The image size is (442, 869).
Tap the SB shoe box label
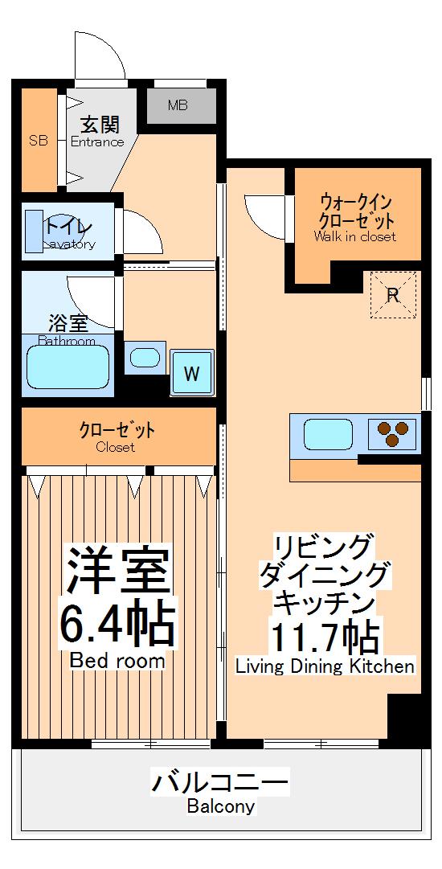coord(38,141)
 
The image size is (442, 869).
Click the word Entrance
coord(97,142)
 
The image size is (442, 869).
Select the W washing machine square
coord(191,373)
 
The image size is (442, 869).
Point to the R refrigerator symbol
coord(393,295)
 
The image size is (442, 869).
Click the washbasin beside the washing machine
coord(145,357)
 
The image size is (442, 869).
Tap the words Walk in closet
coord(355,237)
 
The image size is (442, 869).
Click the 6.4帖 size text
coord(117,620)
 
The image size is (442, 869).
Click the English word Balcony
coord(221,806)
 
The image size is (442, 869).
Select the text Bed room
coord(117,662)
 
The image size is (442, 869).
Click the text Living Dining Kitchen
coord(325,666)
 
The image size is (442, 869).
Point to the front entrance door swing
coord(100,56)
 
